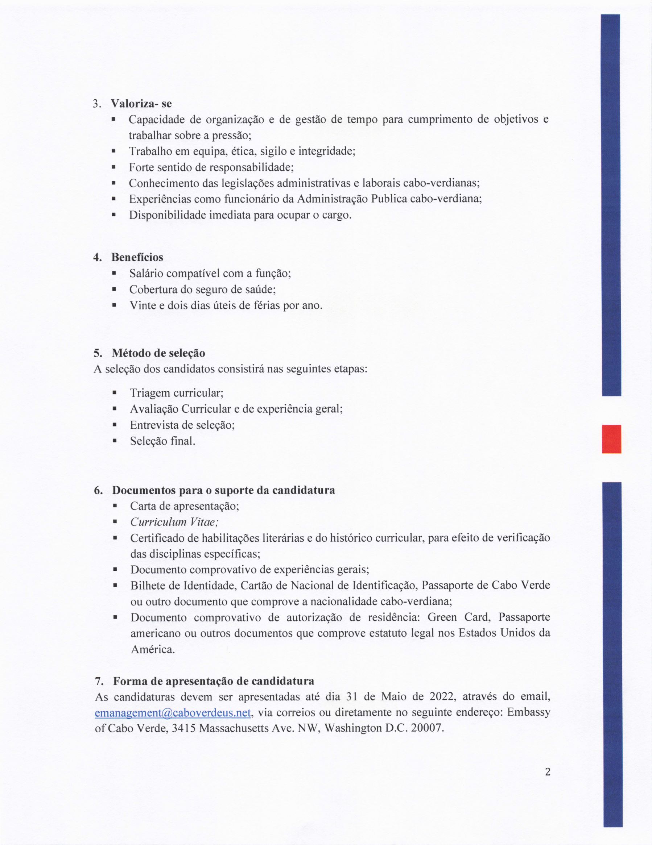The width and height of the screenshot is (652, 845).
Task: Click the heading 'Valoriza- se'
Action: click(x=141, y=104)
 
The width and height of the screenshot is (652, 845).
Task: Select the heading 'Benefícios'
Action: click(x=137, y=257)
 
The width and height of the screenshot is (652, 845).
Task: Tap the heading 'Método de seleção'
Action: click(x=158, y=353)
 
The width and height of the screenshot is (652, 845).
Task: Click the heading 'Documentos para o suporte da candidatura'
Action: click(x=223, y=490)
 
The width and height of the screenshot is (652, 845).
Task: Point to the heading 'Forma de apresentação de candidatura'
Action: click(x=213, y=680)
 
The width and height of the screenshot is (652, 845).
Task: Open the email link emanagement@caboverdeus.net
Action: click(x=174, y=712)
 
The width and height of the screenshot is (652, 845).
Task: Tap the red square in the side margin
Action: click(x=611, y=439)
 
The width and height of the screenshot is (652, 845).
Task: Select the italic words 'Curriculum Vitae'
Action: click(x=175, y=522)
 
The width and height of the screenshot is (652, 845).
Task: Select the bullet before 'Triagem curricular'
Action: click(x=114, y=393)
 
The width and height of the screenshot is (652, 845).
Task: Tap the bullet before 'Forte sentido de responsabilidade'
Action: click(x=114, y=167)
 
